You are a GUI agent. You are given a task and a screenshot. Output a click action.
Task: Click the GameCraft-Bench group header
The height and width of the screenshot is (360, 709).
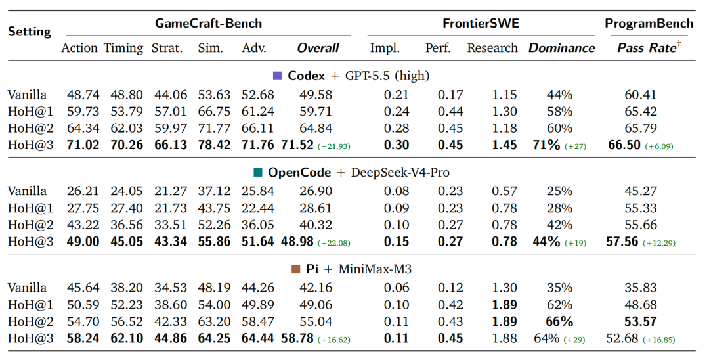[209, 23]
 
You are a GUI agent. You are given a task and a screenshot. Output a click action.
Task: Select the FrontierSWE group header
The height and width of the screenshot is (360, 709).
[481, 23]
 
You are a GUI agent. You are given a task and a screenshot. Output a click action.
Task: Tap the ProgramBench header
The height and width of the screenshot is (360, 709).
[649, 23]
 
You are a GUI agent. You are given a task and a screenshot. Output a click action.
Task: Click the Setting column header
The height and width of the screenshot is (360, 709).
[30, 32]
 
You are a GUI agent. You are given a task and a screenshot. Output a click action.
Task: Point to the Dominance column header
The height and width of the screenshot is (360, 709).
[561, 48]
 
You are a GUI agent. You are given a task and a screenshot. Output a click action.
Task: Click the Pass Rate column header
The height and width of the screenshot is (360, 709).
[649, 47]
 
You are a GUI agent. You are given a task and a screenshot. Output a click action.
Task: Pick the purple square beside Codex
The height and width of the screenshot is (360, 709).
[278, 76]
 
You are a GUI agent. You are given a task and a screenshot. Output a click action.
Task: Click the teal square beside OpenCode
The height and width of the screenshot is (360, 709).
[258, 172]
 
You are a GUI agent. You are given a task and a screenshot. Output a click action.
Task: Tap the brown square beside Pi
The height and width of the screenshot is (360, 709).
[296, 269]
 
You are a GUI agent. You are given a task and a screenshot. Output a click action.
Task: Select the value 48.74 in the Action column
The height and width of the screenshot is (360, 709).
[83, 95]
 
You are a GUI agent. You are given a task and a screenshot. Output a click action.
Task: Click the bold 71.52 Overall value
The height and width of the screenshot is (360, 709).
[297, 145]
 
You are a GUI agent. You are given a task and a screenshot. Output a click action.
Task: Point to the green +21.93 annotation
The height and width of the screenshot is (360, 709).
[333, 146]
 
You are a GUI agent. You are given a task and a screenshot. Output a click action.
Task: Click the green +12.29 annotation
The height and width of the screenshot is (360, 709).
[659, 243]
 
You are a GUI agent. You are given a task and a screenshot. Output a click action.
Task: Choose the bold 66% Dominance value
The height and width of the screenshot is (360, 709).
[559, 322]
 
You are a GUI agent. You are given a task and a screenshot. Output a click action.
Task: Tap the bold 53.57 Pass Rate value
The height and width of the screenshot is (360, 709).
[640, 322]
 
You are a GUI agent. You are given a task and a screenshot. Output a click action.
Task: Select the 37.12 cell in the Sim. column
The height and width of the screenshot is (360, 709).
[214, 192]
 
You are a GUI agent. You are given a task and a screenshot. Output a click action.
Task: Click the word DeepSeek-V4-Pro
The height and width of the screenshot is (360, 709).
[400, 173]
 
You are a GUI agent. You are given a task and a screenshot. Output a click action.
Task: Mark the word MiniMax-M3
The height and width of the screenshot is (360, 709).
[375, 269]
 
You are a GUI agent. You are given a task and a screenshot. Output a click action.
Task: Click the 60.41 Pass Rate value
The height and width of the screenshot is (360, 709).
[640, 95]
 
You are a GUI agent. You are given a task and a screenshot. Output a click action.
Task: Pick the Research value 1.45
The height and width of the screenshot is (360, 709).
[504, 145]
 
